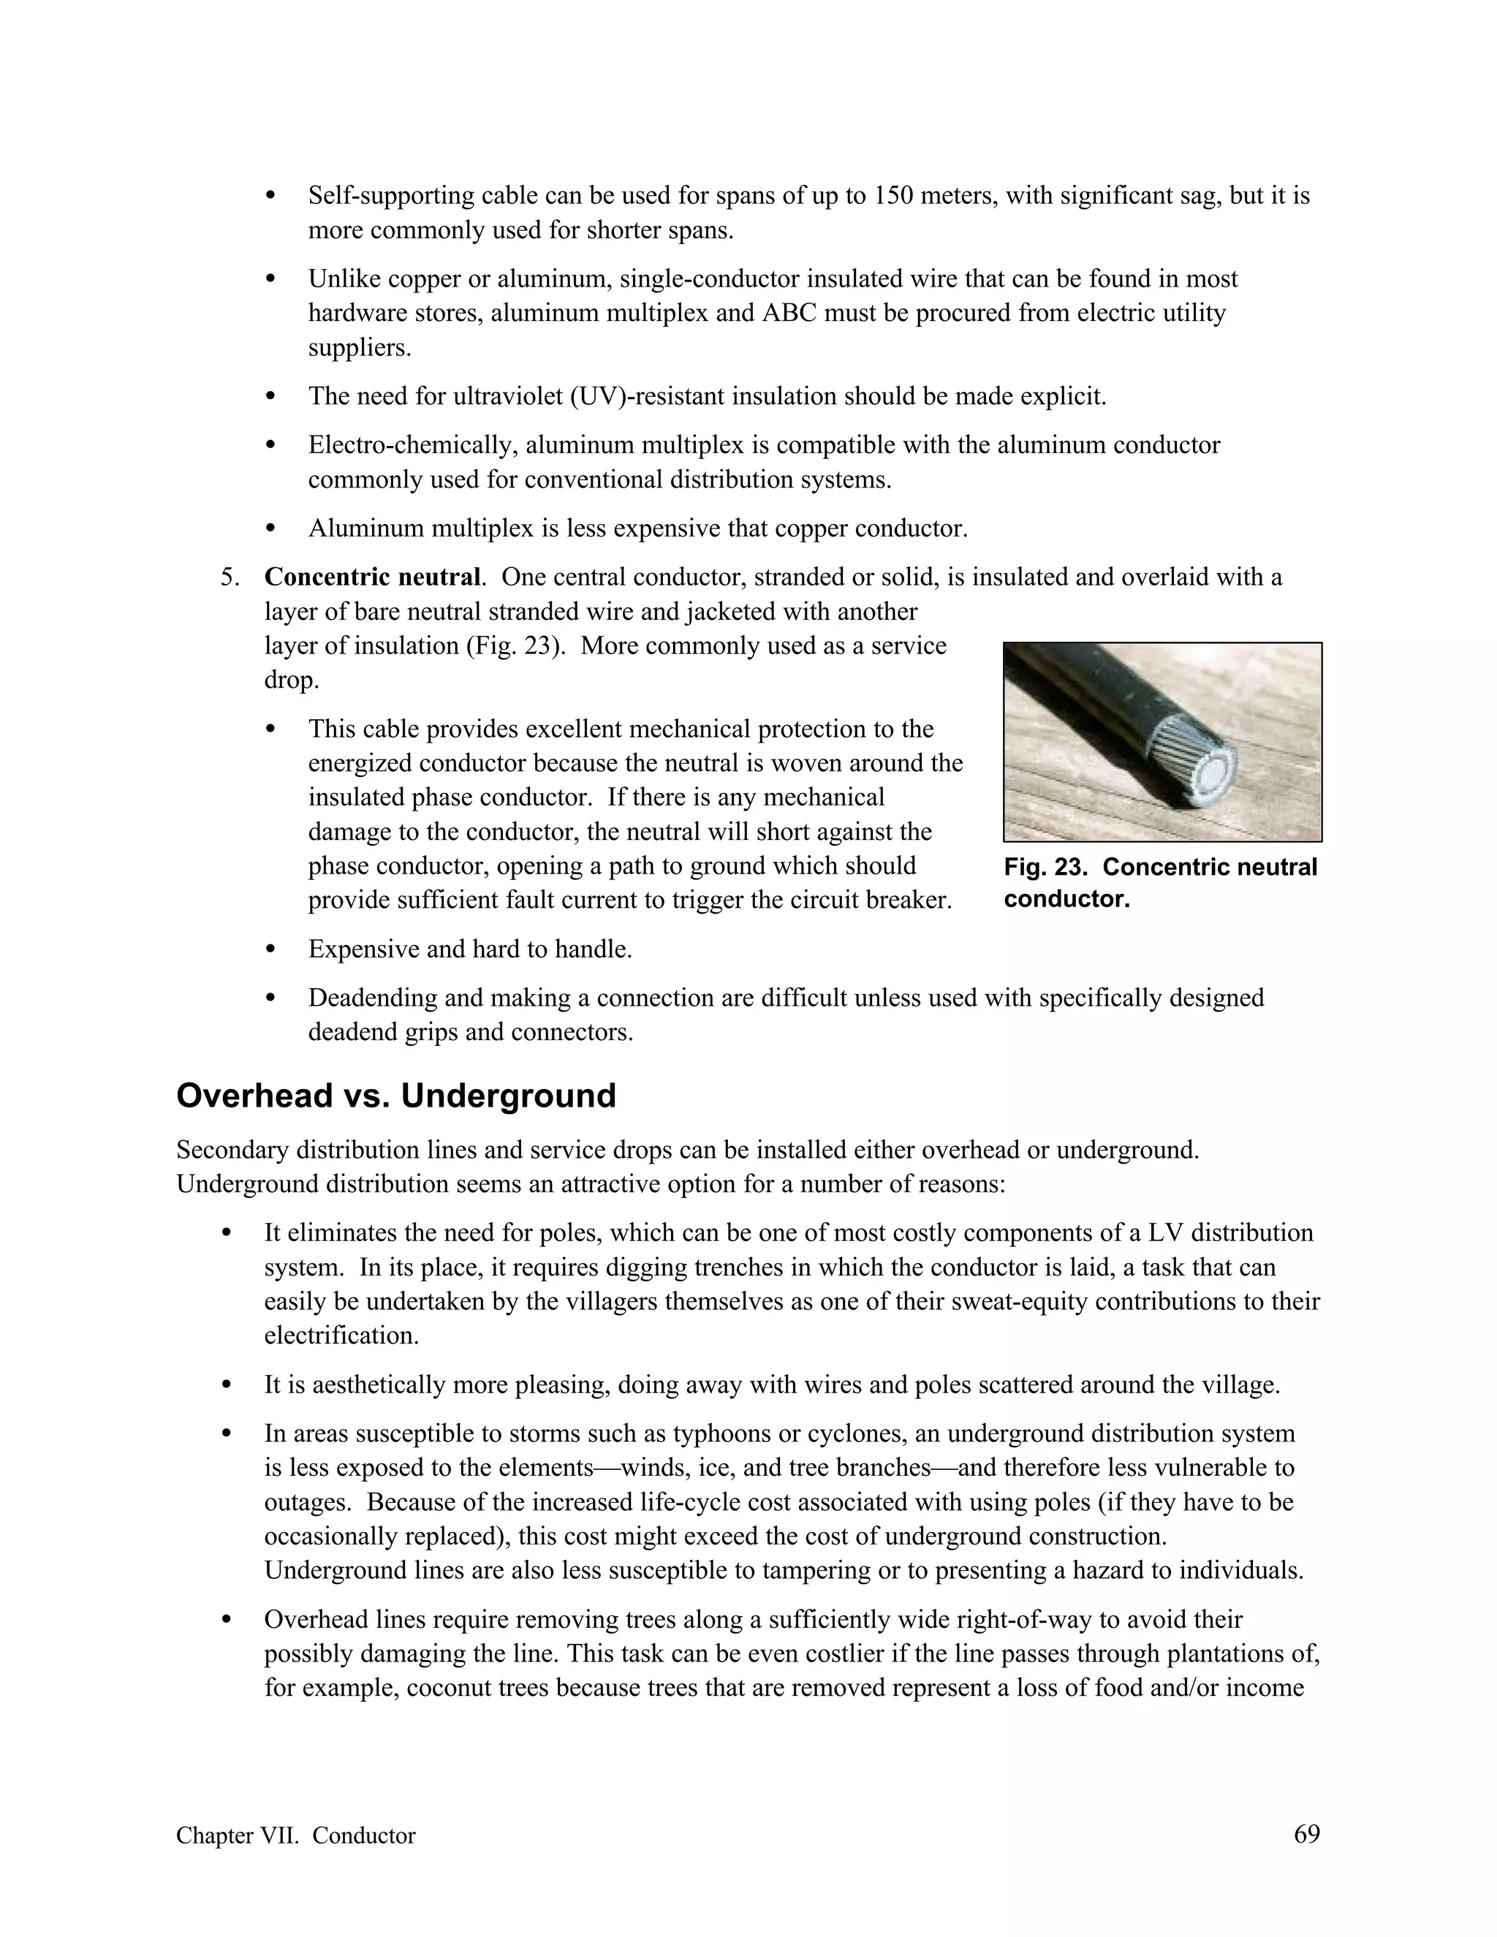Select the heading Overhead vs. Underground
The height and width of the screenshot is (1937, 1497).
tap(395, 1096)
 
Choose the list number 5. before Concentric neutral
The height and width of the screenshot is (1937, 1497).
tap(230, 577)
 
